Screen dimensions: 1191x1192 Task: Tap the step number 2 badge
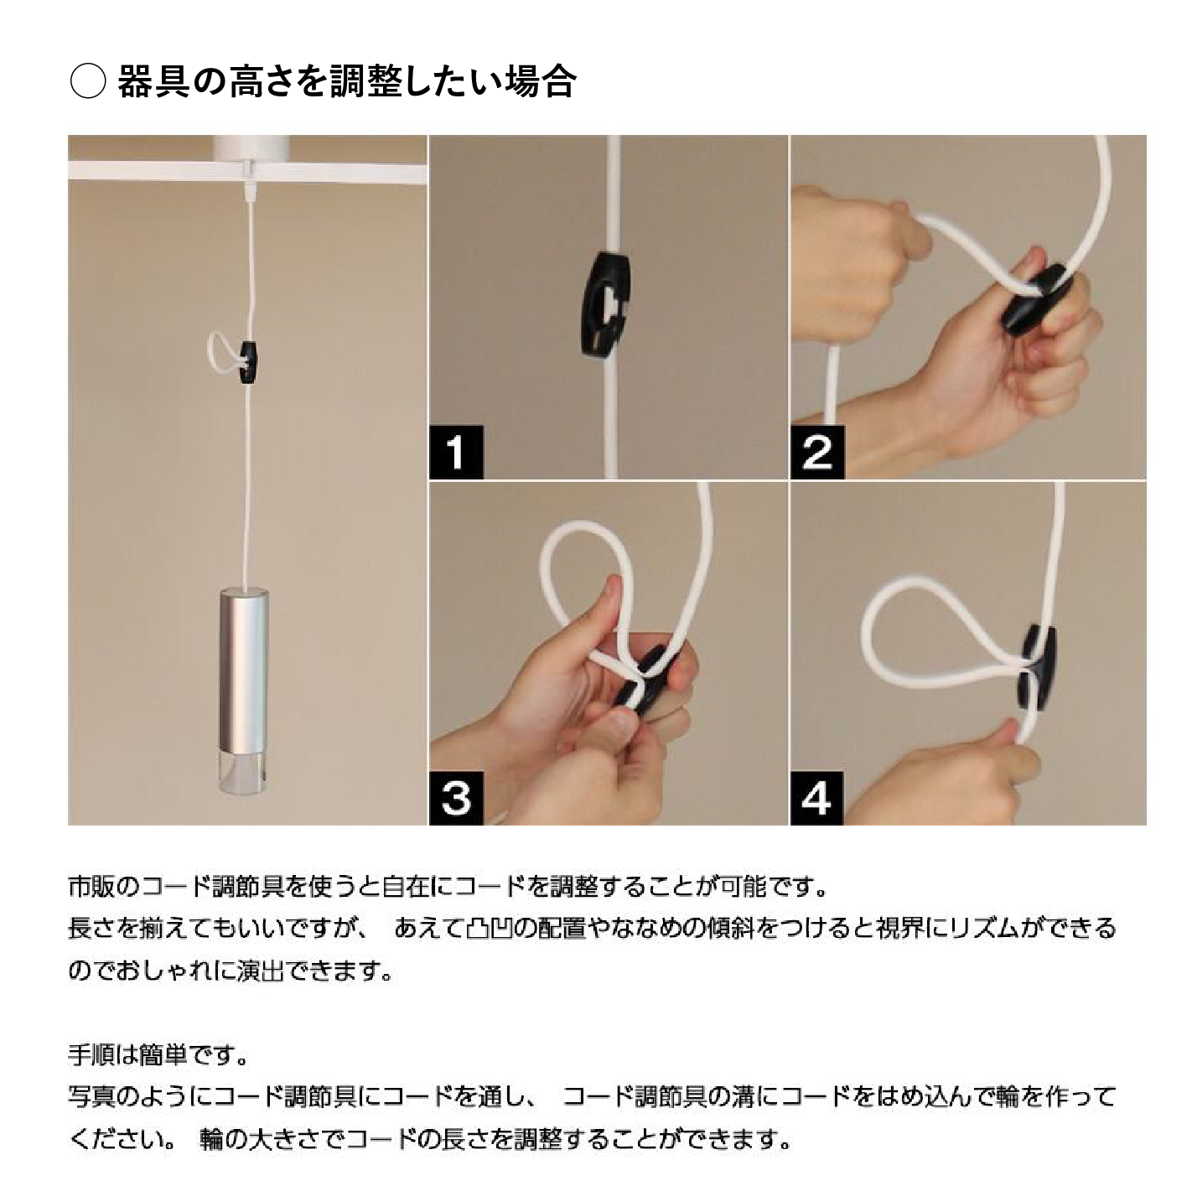point(817,453)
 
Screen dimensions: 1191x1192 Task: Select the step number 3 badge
point(456,798)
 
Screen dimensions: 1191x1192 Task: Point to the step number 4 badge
point(817,798)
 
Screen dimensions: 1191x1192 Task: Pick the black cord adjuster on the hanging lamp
point(247,361)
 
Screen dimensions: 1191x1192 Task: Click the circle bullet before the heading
point(87,82)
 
